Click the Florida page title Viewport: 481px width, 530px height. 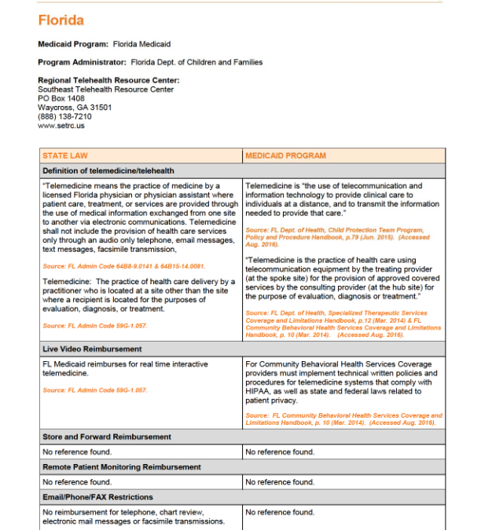click(61, 20)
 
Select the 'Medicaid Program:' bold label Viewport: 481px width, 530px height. click(74, 44)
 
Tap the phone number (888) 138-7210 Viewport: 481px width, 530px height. click(64, 116)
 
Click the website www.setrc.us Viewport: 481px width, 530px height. click(61, 125)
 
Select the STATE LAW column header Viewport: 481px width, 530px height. click(65, 155)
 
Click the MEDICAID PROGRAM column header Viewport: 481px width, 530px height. click(285, 155)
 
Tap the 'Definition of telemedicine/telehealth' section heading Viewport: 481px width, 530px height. click(108, 170)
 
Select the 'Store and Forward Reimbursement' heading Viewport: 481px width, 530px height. click(106, 437)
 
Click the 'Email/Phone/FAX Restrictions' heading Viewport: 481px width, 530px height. click(97, 497)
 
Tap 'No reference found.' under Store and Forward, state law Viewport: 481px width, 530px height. click(76, 452)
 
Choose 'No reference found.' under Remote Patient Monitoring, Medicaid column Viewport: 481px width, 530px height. click(280, 482)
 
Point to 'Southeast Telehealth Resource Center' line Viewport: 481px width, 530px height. click(105, 90)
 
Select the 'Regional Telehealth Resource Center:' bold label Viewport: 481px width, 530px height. click(108, 80)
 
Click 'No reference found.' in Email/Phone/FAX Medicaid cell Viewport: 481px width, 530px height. click(280, 512)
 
